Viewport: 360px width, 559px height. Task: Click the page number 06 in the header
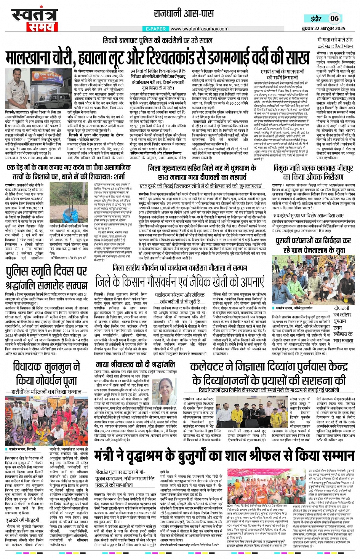pos(334,18)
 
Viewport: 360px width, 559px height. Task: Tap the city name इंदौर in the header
pos(316,19)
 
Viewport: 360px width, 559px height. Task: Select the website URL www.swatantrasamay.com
pos(199,29)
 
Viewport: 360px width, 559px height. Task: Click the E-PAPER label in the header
pos(156,29)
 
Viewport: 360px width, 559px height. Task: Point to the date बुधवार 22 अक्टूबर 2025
pos(323,28)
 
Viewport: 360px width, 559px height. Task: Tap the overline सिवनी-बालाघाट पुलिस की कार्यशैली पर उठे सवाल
pos(157,41)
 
